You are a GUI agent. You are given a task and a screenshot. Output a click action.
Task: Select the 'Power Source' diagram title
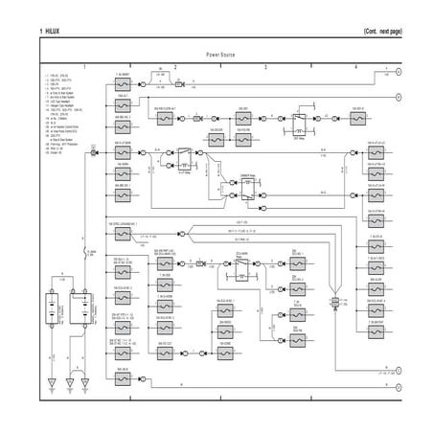click(220, 56)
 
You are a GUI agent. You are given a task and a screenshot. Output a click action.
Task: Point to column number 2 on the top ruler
click(175, 66)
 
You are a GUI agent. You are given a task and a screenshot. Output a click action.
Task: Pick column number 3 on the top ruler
click(265, 66)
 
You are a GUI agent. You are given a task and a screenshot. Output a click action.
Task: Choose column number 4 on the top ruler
click(355, 66)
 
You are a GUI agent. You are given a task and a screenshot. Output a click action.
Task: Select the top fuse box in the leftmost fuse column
click(123, 84)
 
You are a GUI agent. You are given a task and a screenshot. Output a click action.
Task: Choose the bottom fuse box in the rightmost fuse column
click(373, 339)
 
